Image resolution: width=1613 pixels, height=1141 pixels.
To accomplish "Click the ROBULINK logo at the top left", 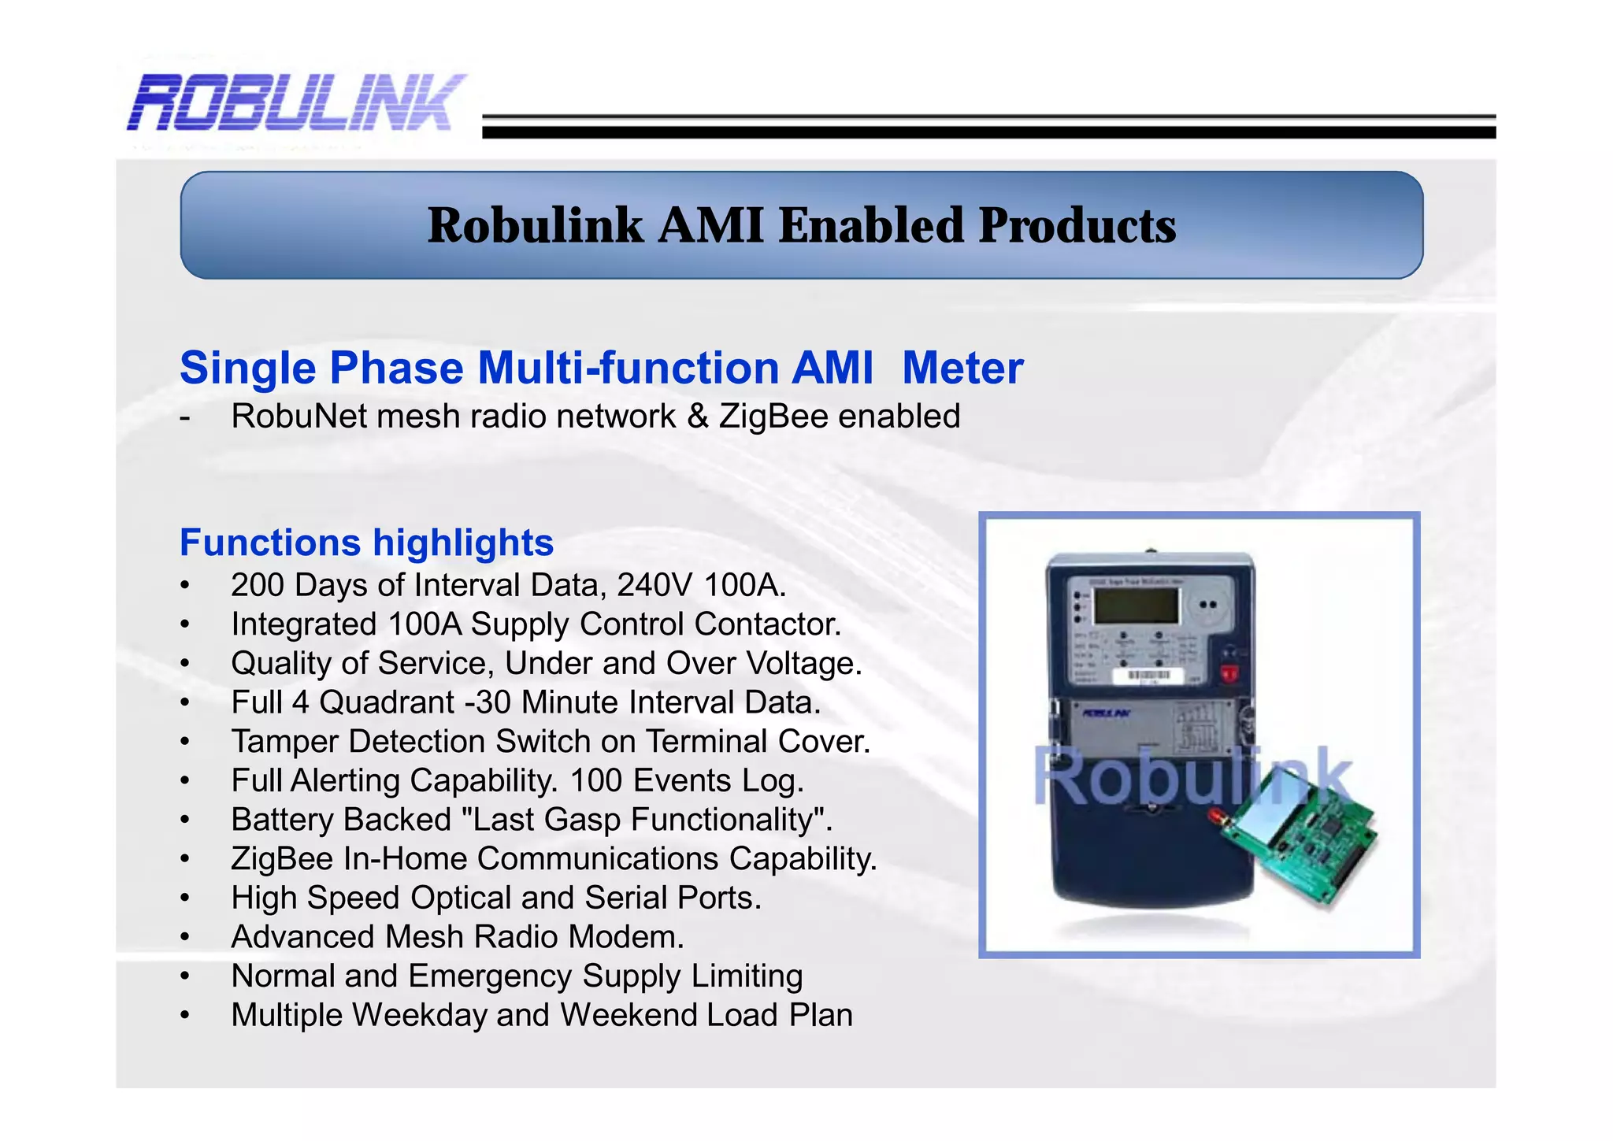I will pos(295,102).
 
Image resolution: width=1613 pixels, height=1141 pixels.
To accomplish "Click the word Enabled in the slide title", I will pos(872,226).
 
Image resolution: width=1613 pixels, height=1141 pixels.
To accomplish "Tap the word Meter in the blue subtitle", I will pos(962,369).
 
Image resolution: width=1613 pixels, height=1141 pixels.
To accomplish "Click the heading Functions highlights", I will pos(366,543).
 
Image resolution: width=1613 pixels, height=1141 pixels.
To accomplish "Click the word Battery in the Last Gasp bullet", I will pos(280,820).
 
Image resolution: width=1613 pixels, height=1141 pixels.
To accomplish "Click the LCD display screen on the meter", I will pos(1137,606).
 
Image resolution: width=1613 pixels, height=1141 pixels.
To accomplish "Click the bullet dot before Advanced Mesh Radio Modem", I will pos(184,937).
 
